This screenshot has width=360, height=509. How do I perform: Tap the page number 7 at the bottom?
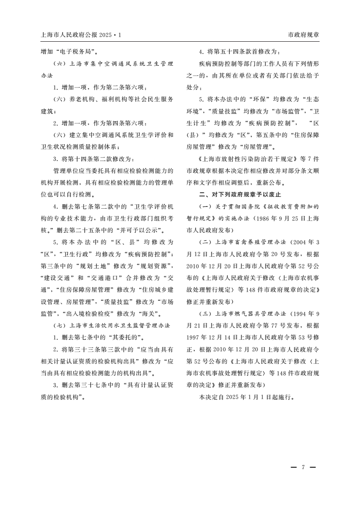click(303, 467)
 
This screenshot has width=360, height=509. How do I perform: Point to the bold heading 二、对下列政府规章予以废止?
click(240, 194)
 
